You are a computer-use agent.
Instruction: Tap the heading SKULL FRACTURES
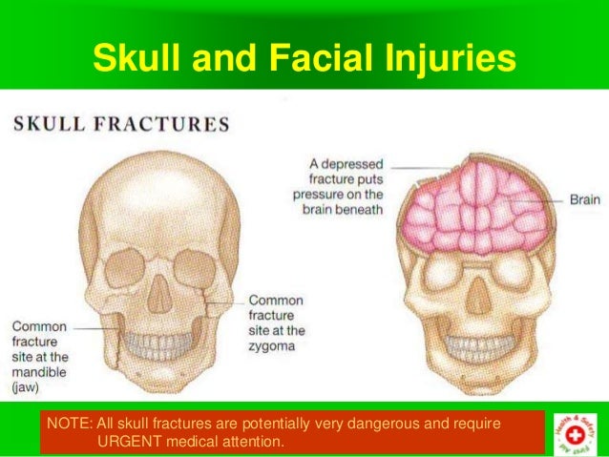coord(120,124)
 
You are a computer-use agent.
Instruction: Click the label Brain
coord(585,200)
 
